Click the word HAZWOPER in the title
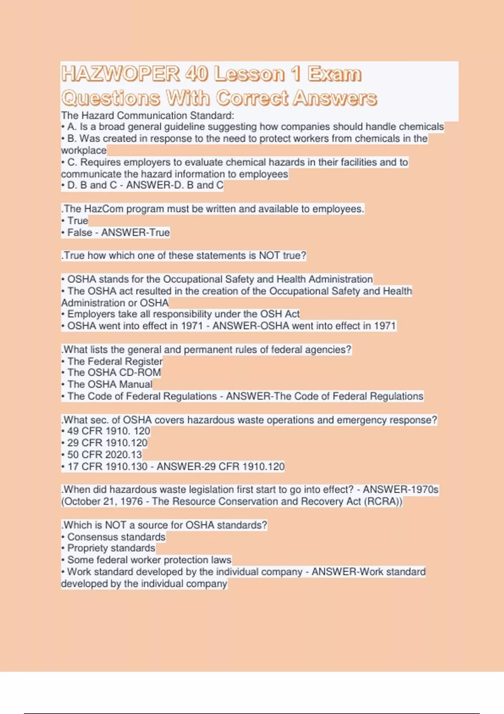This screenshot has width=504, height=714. [121, 74]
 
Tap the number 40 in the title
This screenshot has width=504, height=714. [196, 74]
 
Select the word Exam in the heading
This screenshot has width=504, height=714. [334, 74]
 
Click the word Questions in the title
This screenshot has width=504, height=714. [110, 98]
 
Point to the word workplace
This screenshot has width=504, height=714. [84, 150]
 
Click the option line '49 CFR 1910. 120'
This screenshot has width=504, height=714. [108, 431]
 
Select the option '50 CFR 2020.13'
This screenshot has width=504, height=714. [104, 454]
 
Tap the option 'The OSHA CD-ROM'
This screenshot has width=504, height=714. [114, 373]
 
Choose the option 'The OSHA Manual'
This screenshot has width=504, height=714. [110, 384]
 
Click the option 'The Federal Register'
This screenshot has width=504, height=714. [115, 361]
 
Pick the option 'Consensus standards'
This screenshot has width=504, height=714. [116, 537]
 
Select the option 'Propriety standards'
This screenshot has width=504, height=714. [111, 548]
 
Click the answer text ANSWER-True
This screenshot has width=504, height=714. [135, 232]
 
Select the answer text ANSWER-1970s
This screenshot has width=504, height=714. [401, 490]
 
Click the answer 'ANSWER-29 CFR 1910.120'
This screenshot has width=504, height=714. [220, 466]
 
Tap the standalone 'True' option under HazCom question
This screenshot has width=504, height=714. [78, 220]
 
